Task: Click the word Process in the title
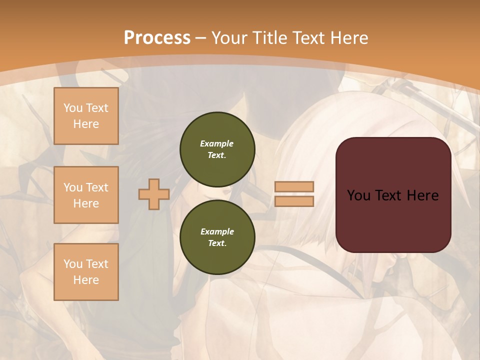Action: [x=157, y=38]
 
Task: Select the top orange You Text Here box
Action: [x=86, y=116]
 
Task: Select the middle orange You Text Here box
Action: [x=86, y=195]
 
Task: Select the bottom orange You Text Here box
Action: [x=86, y=272]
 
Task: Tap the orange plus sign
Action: [x=154, y=194]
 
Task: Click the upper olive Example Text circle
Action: [x=217, y=149]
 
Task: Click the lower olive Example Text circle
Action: [x=217, y=237]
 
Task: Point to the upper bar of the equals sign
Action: [x=294, y=187]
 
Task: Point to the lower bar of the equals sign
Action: [x=294, y=201]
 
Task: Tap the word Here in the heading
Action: [x=349, y=38]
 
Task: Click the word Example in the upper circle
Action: [x=217, y=143]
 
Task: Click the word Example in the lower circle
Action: [x=217, y=231]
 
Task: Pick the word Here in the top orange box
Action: [x=86, y=124]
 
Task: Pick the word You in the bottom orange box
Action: [x=73, y=264]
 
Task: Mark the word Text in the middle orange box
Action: [x=96, y=187]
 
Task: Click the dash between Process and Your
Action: [x=200, y=38]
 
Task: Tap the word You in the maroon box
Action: [x=358, y=195]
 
